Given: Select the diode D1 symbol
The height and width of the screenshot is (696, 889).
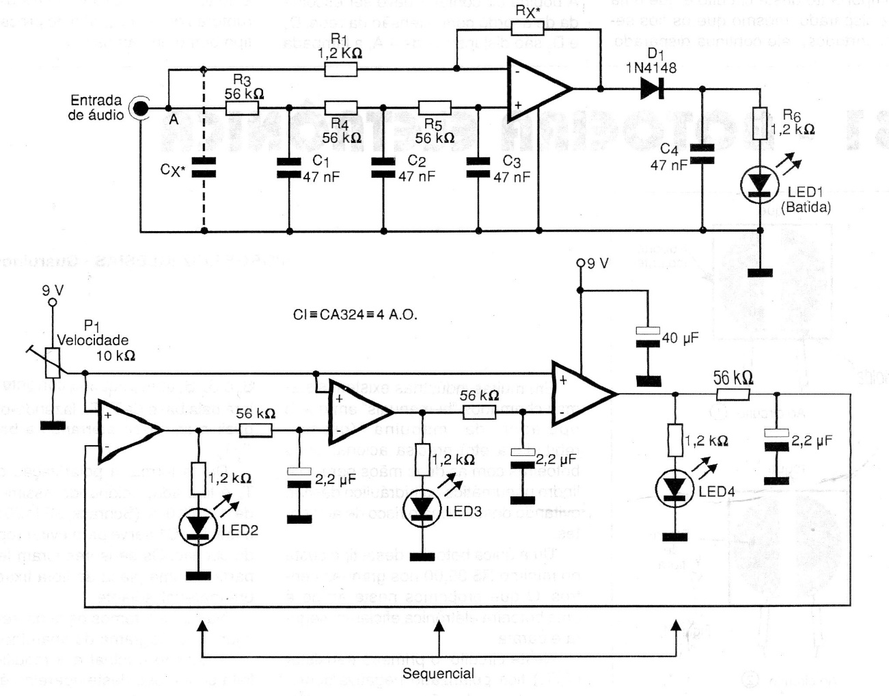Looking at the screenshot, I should (x=652, y=88).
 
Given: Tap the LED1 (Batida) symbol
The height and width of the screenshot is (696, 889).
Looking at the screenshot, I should (x=761, y=185).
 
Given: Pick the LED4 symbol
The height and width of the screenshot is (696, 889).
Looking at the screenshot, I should (x=674, y=487).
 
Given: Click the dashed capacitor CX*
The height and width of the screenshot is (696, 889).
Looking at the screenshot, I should (x=203, y=168).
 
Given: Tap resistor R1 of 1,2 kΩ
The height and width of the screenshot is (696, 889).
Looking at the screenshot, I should (x=340, y=69).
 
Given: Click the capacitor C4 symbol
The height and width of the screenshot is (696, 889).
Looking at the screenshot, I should (x=702, y=155).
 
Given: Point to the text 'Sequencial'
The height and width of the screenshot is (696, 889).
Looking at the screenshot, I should (x=438, y=673).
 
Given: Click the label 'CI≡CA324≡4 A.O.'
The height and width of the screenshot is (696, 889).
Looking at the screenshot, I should (x=353, y=315).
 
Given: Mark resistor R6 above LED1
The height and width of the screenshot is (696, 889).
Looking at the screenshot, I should (x=761, y=118).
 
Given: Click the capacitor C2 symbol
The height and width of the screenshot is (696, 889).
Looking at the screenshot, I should (x=383, y=168).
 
